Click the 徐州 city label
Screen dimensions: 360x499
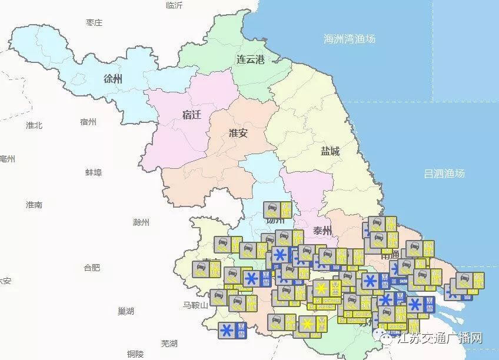pos(112,79)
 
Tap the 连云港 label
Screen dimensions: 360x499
pos(251,59)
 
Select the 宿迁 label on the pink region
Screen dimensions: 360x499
pos(192,115)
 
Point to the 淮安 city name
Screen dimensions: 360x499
pos(238,133)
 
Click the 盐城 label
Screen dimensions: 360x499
pos(330,151)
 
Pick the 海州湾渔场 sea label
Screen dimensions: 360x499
pos(350,39)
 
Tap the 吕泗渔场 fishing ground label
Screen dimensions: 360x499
pos(444,173)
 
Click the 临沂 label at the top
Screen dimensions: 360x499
pos(174,5)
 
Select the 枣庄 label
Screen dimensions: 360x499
pos(94,23)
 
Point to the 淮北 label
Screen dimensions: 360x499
pos(34,125)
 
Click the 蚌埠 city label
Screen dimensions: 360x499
pos(94,172)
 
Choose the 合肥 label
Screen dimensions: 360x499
pos(91,268)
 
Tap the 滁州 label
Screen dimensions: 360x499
pos(141,222)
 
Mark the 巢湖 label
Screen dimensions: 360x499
pos(125,311)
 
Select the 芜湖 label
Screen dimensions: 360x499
pos(169,343)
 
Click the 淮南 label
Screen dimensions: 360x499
pos(34,205)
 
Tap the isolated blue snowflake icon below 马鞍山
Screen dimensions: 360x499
pos(225,331)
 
